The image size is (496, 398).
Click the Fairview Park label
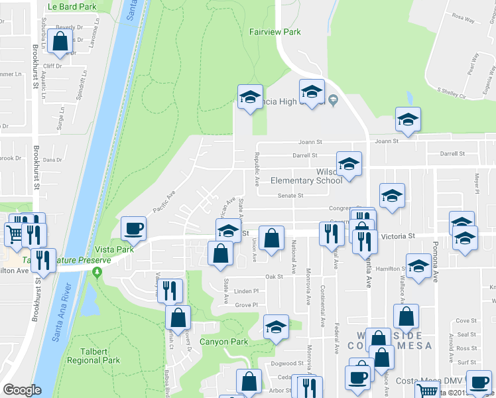tap(275, 32)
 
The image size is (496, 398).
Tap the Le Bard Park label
tap(72, 7)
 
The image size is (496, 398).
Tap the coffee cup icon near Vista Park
tap(133, 229)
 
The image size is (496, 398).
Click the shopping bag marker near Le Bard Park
tap(60, 42)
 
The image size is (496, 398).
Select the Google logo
tap(21, 390)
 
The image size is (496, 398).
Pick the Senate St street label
tap(290, 196)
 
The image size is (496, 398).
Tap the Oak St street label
tap(270, 277)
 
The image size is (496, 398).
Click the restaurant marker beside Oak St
tap(171, 290)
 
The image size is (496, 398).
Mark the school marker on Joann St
tap(408, 119)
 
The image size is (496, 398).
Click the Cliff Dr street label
tap(53, 66)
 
